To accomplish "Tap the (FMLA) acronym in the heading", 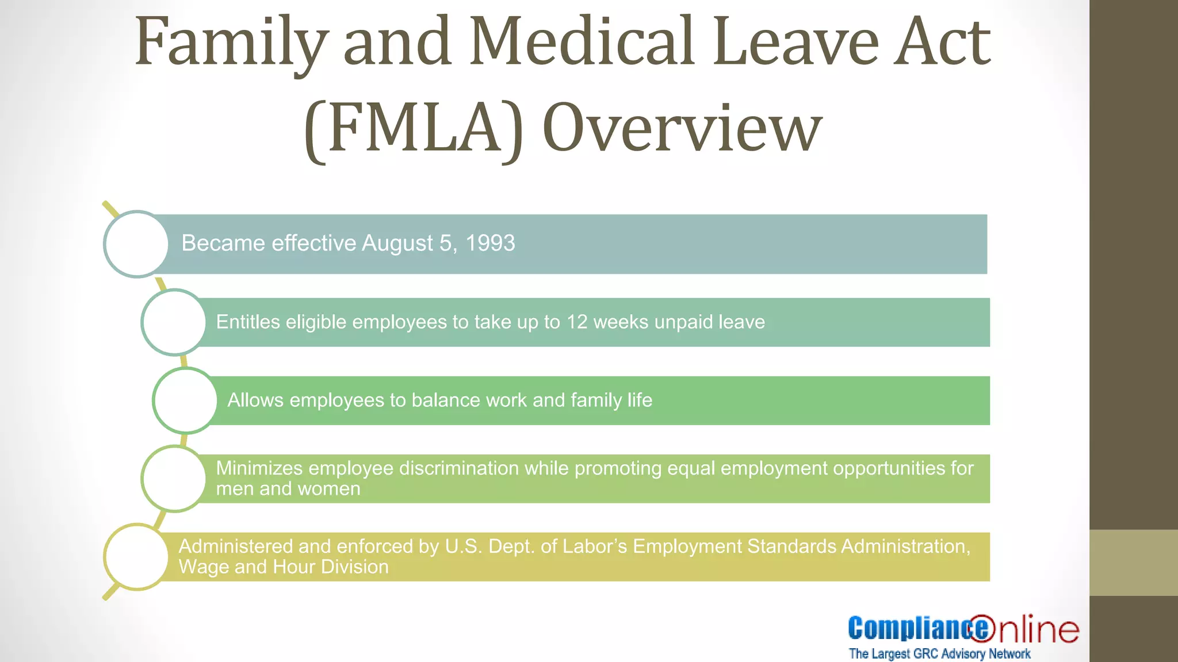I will click(414, 129).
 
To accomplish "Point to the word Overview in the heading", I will click(682, 129).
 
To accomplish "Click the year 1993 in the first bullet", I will click(490, 243).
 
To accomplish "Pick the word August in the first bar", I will click(397, 243).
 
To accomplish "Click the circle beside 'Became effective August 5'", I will click(136, 244).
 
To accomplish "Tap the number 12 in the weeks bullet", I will click(577, 322).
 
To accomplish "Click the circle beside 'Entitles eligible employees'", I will click(174, 322).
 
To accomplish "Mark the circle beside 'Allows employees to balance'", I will click(185, 401).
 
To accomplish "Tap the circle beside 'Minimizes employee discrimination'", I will click(174, 479).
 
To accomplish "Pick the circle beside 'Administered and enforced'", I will click(136, 557).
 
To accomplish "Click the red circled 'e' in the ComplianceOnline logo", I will click(981, 628).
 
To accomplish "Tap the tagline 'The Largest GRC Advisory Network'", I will click(939, 654).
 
